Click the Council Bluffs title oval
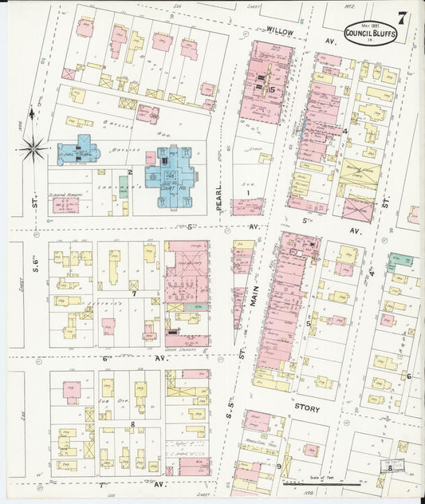click(370, 34)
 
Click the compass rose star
click(33, 146)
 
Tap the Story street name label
click(307, 409)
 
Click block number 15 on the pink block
click(272, 89)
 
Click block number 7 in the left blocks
click(134, 293)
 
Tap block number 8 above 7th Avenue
click(132, 424)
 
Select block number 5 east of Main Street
click(308, 324)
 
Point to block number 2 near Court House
click(129, 171)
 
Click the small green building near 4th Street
click(399, 261)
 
